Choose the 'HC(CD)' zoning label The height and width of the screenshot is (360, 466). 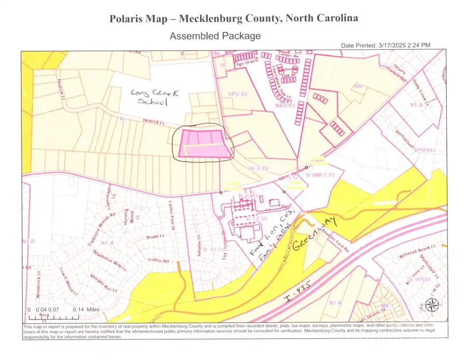[x=257, y=168]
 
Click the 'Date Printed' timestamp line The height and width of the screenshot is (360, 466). [x=385, y=46]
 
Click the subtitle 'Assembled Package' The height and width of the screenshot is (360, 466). [x=215, y=36]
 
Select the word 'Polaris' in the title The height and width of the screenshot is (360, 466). [x=128, y=19]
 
